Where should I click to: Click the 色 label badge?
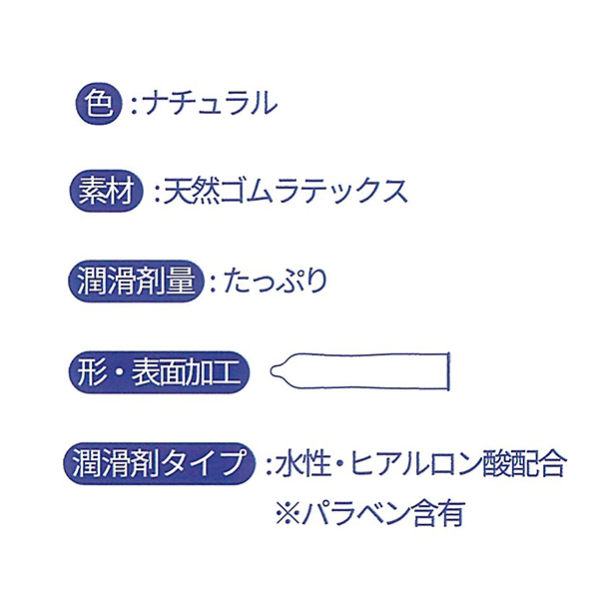pyautogui.click(x=99, y=104)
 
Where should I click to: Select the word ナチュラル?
pyautogui.click(x=210, y=103)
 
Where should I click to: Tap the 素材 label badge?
pyautogui.click(x=106, y=191)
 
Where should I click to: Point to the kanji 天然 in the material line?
pyautogui.click(x=192, y=191)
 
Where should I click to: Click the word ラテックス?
pyautogui.click(x=340, y=191)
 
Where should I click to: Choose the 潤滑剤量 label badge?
pyautogui.click(x=136, y=281)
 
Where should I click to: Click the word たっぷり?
pyautogui.click(x=276, y=281)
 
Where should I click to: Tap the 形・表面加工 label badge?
pyautogui.click(x=159, y=372)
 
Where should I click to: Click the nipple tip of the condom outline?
pyautogui.click(x=272, y=370)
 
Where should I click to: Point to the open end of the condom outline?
pyautogui.click(x=448, y=371)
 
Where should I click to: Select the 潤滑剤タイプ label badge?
pyautogui.click(x=159, y=463)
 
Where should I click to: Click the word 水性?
pyautogui.click(x=301, y=463)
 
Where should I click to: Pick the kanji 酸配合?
pyautogui.click(x=522, y=463)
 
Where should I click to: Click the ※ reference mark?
pyautogui.click(x=288, y=513)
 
